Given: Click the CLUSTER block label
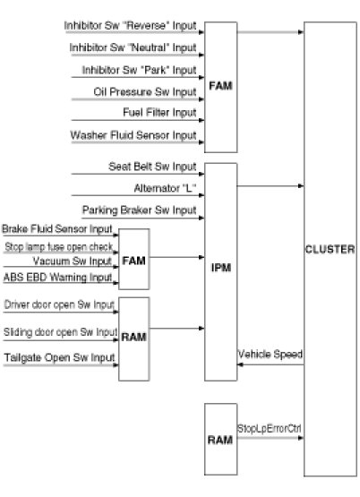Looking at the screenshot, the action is [330, 249].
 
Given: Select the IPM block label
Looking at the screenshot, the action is [221, 268].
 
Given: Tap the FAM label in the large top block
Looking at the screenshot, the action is [220, 86].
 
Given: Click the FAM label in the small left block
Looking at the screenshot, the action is [133, 261].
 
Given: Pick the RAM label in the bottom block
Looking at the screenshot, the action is [220, 440].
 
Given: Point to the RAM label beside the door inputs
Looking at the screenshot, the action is [133, 337].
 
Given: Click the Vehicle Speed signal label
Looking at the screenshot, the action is [270, 354].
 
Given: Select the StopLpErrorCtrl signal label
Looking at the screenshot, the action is [270, 429].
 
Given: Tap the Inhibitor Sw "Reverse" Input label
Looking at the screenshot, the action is [130, 26].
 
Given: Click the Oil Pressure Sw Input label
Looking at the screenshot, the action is [145, 92].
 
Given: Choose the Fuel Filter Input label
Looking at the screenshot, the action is [159, 113].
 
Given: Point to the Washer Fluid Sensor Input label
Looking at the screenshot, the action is [133, 135].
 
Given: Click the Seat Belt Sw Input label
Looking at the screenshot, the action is [152, 167].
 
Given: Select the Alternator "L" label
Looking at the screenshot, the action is [165, 188].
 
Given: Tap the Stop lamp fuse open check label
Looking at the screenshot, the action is [59, 246].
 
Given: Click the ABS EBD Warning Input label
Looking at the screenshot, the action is [57, 277].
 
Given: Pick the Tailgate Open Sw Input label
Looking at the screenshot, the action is [59, 357].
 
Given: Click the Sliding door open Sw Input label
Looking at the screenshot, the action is [61, 332].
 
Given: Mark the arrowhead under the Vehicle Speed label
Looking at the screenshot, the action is [240, 364].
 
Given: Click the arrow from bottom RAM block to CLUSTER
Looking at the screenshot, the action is [270, 438].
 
